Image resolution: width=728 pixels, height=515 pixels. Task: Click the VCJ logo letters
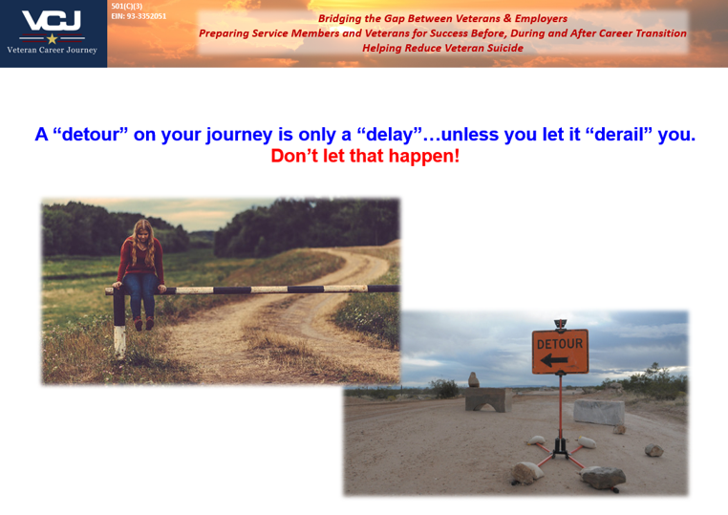[52, 20]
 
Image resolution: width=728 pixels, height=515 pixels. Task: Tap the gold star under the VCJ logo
[52, 38]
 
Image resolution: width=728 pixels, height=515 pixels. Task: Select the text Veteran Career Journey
[52, 50]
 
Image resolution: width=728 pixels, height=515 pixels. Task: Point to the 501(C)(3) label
[126, 6]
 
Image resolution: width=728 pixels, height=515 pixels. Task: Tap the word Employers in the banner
[540, 18]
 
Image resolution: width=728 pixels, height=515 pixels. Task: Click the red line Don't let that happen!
[365, 156]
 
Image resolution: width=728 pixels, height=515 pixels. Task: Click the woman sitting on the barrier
[139, 268]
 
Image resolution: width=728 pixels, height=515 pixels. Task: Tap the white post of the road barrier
[119, 339]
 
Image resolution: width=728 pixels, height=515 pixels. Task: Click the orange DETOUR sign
[560, 352]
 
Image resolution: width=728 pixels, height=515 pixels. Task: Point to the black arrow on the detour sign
[555, 360]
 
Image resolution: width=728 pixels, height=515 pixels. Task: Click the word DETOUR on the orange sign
[560, 343]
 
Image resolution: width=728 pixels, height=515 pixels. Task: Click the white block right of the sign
[599, 413]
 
